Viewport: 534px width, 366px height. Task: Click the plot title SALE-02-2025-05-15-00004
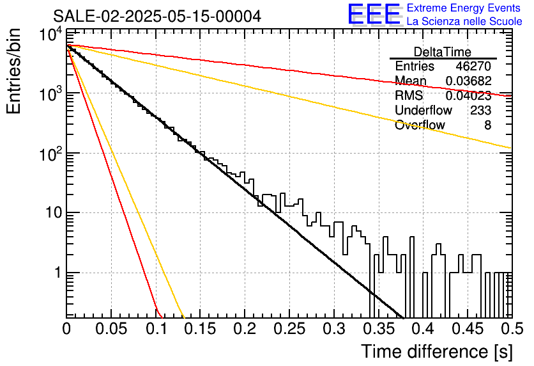157,16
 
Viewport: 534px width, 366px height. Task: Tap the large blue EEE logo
374,14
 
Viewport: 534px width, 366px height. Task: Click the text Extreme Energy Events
464,8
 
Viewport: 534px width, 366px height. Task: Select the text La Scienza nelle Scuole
464,21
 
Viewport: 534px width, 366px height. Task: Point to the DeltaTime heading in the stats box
443,52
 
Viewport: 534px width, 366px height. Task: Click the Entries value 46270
473,66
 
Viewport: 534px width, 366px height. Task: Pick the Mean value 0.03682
469,81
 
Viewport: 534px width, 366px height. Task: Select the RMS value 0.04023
469,95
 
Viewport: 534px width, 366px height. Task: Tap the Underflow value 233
481,110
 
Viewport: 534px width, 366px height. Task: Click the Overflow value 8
487,125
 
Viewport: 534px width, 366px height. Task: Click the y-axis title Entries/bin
13,71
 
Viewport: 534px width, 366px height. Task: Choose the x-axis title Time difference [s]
437,351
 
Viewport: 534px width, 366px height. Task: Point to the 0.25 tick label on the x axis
289,329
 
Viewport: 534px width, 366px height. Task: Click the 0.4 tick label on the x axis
423,329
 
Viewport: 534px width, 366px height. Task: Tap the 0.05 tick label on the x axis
111,329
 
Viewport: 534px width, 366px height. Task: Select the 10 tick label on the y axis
54,213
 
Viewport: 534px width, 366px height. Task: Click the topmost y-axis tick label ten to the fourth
51,35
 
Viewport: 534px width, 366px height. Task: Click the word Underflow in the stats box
423,110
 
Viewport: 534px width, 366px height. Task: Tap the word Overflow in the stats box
420,125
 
